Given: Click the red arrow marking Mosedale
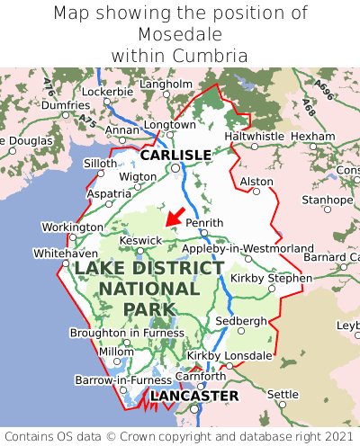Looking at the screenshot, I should click(x=174, y=217).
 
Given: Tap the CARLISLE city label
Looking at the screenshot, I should click(x=175, y=155).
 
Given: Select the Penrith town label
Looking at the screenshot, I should click(x=203, y=222).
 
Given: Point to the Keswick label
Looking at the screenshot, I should click(x=141, y=240).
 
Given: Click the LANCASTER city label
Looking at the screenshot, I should click(x=194, y=396).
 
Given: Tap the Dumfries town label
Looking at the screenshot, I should click(x=66, y=105).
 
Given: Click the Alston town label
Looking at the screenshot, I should click(x=256, y=182).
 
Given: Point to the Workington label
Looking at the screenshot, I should click(x=73, y=227).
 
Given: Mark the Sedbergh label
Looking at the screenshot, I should click(x=240, y=321).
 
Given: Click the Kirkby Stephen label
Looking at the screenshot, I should click(x=271, y=278).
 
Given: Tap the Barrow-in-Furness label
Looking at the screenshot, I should click(x=123, y=380).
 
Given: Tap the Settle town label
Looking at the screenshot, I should click(x=283, y=394).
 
